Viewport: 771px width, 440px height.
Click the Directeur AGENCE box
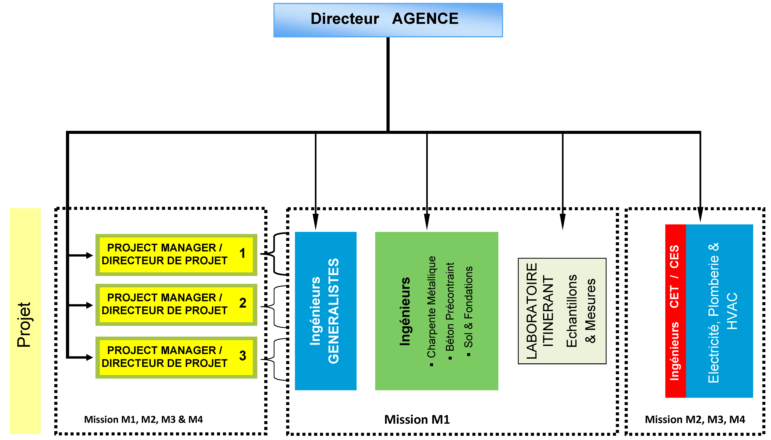tap(388, 20)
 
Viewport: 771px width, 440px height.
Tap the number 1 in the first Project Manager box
tap(242, 253)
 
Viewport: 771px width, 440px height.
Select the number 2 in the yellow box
tap(242, 303)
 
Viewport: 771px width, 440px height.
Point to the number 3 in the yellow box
tap(242, 356)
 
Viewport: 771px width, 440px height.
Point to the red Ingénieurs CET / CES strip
tap(675, 311)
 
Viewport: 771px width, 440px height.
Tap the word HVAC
tap(732, 311)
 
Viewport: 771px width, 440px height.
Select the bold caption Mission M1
tap(417, 419)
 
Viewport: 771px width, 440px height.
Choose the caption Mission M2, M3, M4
tap(695, 419)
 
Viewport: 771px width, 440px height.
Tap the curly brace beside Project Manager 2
tap(273, 306)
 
